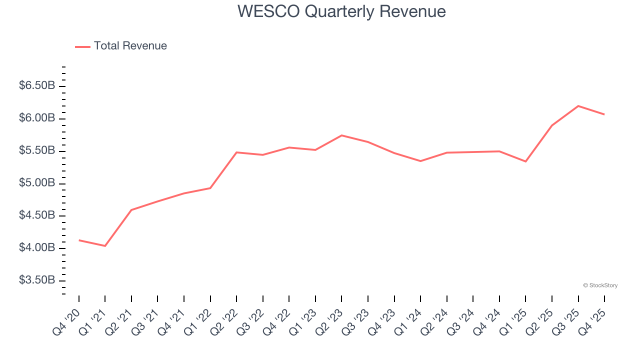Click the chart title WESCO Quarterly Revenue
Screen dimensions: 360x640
(x=341, y=11)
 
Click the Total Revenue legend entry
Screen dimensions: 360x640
(x=130, y=46)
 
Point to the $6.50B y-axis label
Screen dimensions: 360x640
(x=37, y=86)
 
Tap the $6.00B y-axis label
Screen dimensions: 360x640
(x=37, y=118)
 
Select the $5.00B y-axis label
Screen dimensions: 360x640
(x=37, y=183)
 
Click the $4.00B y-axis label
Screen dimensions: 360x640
(x=37, y=248)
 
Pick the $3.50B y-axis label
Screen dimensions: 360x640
(x=37, y=280)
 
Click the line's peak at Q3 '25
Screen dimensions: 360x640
(x=578, y=106)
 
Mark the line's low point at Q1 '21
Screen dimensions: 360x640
(x=105, y=246)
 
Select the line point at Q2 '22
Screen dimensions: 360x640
(x=236, y=152)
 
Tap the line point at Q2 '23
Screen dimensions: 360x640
(x=341, y=135)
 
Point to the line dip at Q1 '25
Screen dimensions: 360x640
(x=525, y=161)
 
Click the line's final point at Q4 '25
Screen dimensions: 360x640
(x=604, y=114)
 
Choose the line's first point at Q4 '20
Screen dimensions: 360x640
(x=79, y=240)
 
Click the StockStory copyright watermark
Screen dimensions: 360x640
(x=600, y=285)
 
